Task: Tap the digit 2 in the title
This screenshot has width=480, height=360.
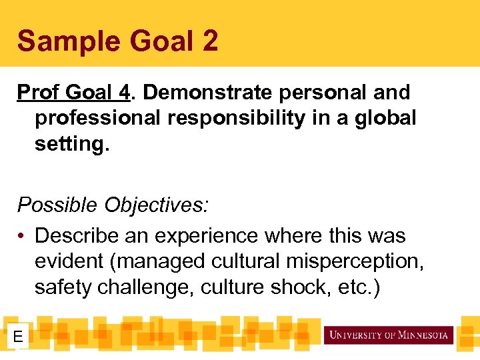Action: [208, 41]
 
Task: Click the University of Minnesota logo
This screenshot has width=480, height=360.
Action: [388, 335]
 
